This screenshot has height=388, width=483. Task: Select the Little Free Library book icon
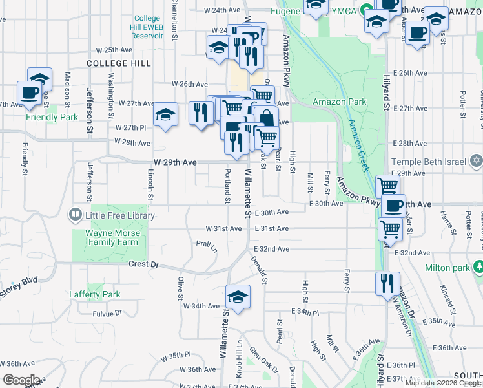pyautogui.click(x=76, y=215)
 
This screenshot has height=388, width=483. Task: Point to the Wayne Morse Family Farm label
pyautogui.click(x=112, y=237)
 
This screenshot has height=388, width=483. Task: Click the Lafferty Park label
pyautogui.click(x=95, y=294)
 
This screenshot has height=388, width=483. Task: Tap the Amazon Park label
pyautogui.click(x=339, y=102)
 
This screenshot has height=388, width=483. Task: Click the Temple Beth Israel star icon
pyautogui.click(x=476, y=160)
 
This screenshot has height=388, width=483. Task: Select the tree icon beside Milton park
pyautogui.click(x=478, y=267)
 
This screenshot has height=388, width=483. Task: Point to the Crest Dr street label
pyautogui.click(x=143, y=264)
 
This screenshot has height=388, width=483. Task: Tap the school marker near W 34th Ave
pyautogui.click(x=238, y=297)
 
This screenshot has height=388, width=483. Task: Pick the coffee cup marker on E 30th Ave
pyautogui.click(x=393, y=206)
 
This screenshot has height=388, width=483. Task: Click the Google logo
pyautogui.click(x=21, y=380)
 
